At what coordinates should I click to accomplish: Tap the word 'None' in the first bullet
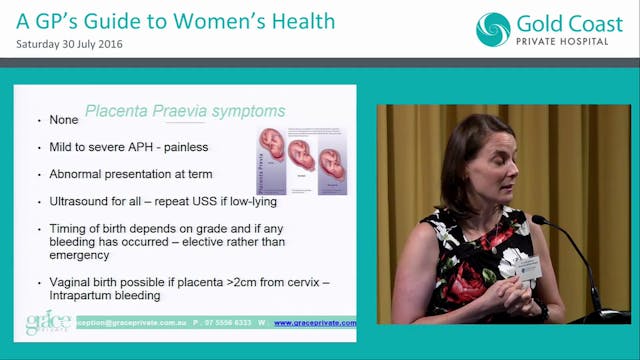[x=64, y=121]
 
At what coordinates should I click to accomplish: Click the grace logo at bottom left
[x=47, y=322]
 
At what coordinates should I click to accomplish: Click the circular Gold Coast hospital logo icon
[x=493, y=30]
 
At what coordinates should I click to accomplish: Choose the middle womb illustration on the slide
[x=300, y=155]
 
